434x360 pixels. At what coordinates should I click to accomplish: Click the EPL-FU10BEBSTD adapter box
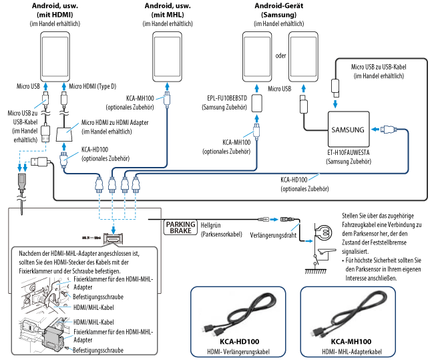pyautogui.click(x=257, y=103)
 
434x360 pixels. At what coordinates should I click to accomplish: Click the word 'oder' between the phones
pyautogui.click(x=280, y=55)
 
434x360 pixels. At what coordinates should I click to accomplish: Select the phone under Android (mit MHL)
pyautogui.click(x=169, y=57)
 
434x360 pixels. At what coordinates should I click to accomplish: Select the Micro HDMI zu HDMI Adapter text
pyautogui.click(x=114, y=127)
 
